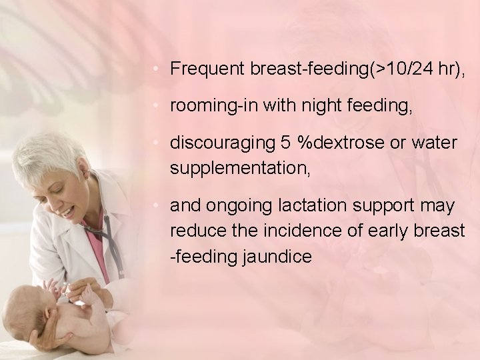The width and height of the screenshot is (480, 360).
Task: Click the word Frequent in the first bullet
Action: (208, 68)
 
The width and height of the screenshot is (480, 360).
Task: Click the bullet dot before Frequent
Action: (155, 68)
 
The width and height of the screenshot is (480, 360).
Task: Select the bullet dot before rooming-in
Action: (155, 106)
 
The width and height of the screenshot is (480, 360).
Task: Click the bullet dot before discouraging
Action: (155, 143)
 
